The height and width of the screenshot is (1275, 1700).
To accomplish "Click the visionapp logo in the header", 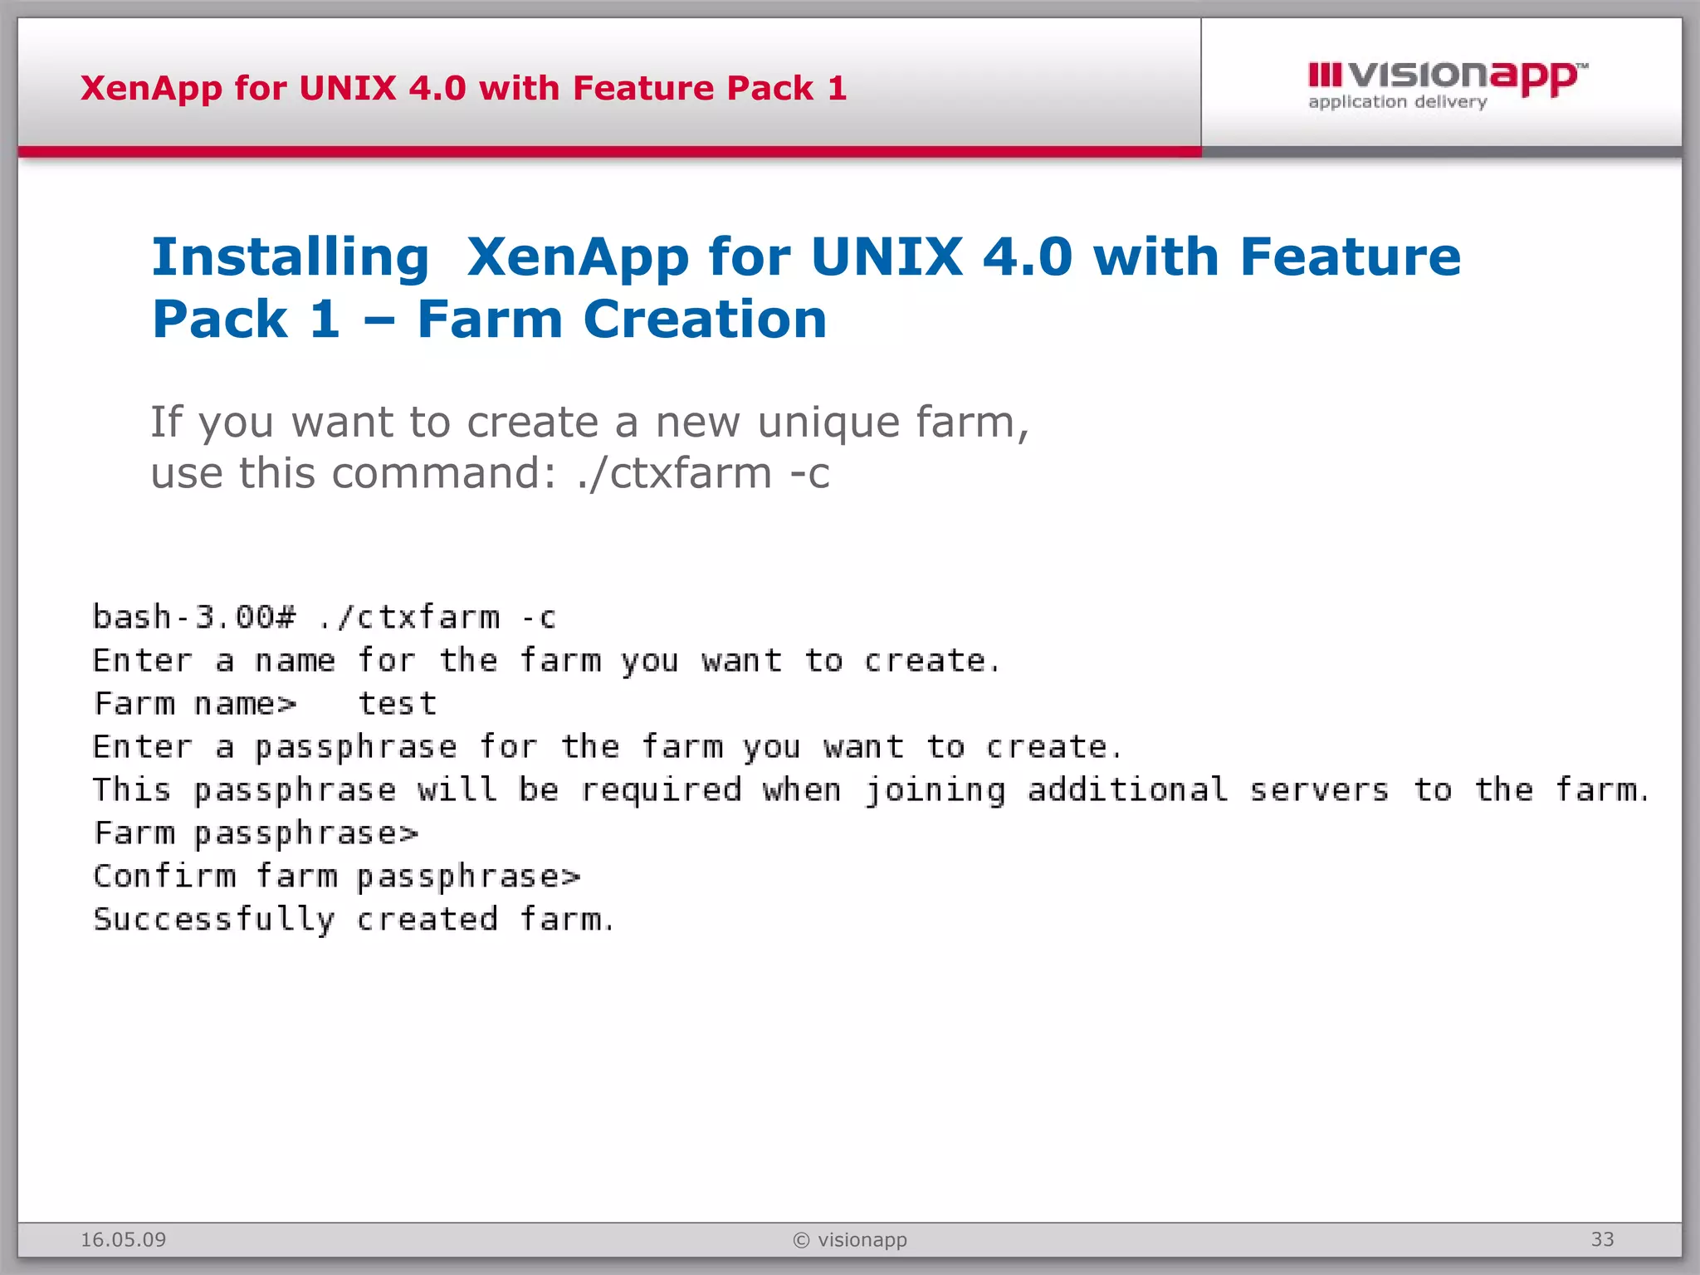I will [x=1447, y=76].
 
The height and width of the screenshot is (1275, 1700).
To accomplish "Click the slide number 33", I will [x=1602, y=1239].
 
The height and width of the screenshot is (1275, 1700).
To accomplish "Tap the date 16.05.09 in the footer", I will [x=123, y=1239].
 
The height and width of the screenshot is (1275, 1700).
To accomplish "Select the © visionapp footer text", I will [x=850, y=1239].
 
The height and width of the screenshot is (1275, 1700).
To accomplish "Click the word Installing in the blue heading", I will [x=291, y=257].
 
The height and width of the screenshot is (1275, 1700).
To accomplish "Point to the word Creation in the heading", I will [x=705, y=320].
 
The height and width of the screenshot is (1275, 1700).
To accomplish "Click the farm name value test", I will [x=397, y=704].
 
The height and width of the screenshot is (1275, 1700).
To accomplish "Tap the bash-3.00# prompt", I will [x=193, y=618].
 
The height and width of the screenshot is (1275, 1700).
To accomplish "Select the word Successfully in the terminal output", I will [x=213, y=920].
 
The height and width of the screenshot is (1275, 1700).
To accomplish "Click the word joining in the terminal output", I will [x=935, y=790].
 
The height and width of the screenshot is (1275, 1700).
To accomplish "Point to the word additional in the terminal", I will [x=1127, y=790].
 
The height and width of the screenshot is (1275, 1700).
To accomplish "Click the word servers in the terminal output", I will [x=1319, y=790].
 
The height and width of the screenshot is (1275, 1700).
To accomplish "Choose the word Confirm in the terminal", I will [x=164, y=877].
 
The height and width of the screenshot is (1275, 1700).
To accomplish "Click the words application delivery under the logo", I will [x=1397, y=102].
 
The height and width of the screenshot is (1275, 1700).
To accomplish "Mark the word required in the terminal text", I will [x=661, y=790].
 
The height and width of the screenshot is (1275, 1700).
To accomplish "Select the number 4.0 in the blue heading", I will [x=1028, y=257].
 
